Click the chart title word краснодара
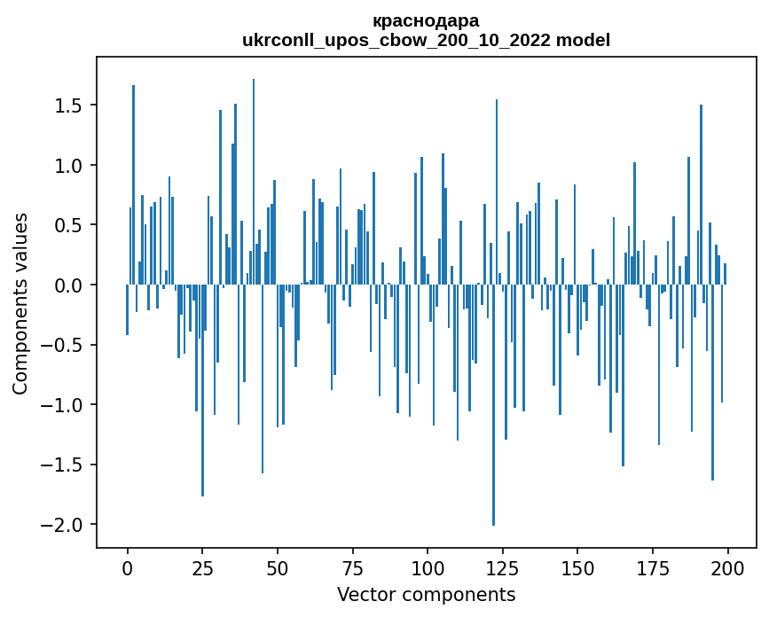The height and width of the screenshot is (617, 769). (426, 20)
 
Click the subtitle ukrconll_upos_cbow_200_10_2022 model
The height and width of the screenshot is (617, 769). (426, 40)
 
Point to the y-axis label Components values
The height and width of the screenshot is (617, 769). (20, 303)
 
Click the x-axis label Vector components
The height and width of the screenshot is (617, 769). (426, 594)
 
